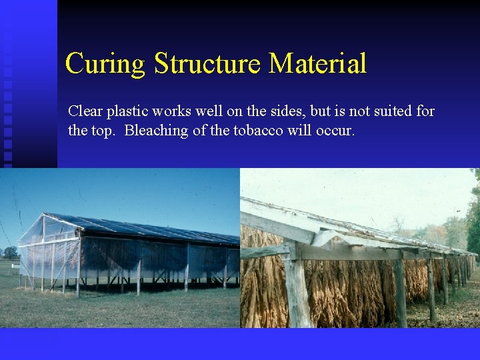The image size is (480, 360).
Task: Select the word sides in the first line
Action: point(277,111)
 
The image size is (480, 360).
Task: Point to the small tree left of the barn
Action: point(10,253)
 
